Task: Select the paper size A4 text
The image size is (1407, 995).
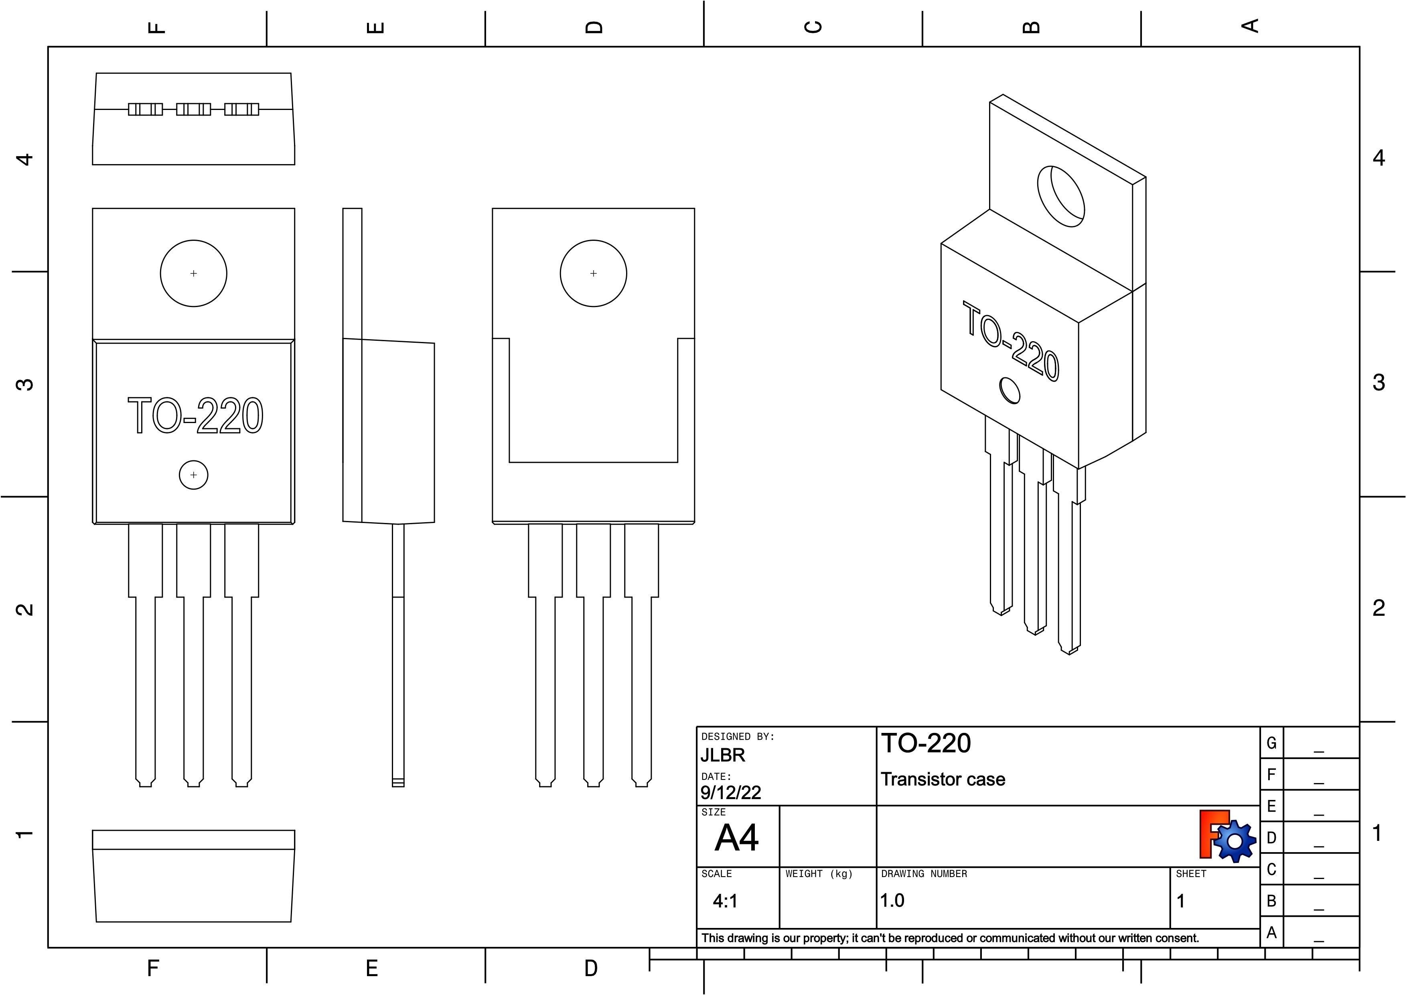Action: point(737,837)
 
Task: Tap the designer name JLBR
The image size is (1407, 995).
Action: point(723,755)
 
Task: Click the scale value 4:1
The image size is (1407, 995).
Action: point(726,901)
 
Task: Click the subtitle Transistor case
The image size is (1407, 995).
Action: point(943,779)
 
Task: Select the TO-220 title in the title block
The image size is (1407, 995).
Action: point(926,743)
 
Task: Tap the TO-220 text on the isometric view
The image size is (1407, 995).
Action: point(1010,341)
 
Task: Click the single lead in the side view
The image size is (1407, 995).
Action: point(398,655)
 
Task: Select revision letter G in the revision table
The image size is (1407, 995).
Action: point(1271,743)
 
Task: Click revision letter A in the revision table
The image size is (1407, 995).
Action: point(1271,932)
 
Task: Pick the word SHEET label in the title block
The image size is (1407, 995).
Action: point(1191,874)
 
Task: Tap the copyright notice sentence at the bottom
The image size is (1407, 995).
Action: point(950,938)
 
